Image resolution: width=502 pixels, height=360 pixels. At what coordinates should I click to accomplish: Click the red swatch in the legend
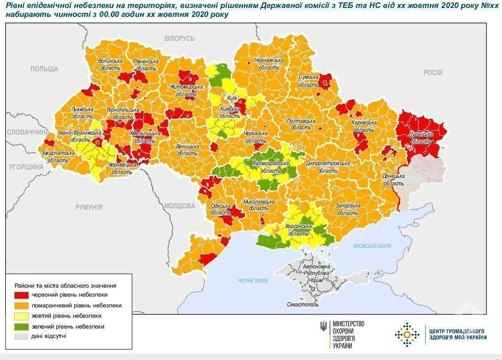(x=22, y=295)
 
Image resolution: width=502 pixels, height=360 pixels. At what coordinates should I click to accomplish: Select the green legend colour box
(x=22, y=326)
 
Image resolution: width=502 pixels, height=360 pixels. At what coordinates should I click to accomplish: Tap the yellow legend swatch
(x=22, y=316)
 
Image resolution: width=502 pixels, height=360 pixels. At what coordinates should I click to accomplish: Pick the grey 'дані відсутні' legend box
(x=22, y=337)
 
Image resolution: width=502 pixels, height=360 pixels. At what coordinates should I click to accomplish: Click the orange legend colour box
(x=22, y=306)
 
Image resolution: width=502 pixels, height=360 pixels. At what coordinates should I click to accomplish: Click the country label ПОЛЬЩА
(x=44, y=69)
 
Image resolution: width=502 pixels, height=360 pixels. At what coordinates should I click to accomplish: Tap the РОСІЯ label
(x=432, y=72)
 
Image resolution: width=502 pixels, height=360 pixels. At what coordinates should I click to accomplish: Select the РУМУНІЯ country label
(x=89, y=207)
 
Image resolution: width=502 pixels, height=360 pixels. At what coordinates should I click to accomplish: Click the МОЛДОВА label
(x=180, y=206)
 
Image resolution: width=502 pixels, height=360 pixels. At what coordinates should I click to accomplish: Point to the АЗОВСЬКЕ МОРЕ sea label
(x=372, y=246)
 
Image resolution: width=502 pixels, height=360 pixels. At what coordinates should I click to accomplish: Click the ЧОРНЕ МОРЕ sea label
(x=253, y=281)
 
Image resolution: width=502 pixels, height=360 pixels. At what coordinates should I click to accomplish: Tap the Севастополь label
(x=303, y=304)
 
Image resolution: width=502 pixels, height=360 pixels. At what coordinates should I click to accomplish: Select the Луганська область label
(x=421, y=138)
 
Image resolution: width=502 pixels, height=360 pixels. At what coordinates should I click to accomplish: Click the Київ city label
(x=232, y=98)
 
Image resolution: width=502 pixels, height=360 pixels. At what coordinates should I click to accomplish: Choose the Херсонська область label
(x=298, y=230)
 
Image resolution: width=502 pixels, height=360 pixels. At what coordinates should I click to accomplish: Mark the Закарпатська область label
(x=58, y=156)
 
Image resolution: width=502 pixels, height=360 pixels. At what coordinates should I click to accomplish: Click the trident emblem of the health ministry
(x=324, y=326)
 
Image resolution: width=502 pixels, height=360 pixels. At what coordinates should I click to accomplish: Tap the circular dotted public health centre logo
(x=407, y=334)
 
